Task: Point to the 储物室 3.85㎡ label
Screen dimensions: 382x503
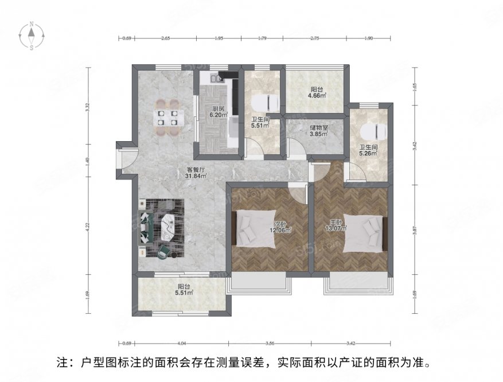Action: (x=318, y=131)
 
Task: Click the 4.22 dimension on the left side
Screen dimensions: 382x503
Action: (x=88, y=225)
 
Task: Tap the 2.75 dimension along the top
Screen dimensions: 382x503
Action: (x=314, y=38)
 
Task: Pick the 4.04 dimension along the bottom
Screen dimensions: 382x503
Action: (x=182, y=343)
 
